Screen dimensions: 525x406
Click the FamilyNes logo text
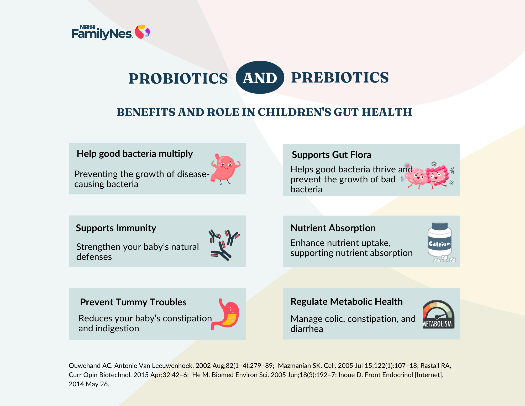tap(102, 33)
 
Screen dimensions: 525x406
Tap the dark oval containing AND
tap(260, 77)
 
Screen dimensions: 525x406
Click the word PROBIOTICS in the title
tap(178, 78)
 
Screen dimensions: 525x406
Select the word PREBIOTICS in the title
tap(340, 78)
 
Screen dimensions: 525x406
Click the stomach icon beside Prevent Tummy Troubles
tap(225, 314)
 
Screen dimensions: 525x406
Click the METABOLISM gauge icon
tap(438, 314)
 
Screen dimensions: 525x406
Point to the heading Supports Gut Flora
tap(332, 155)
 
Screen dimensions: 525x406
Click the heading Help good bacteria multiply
tap(135, 154)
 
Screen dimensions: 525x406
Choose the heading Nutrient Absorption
tap(333, 228)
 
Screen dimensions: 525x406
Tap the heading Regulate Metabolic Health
tap(346, 301)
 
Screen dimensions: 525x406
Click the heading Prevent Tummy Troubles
tap(133, 302)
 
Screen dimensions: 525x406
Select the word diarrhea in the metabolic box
tap(307, 329)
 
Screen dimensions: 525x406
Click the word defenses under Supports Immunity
tap(94, 257)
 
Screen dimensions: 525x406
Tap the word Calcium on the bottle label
tap(440, 244)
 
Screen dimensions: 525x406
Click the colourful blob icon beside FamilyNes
tap(142, 32)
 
